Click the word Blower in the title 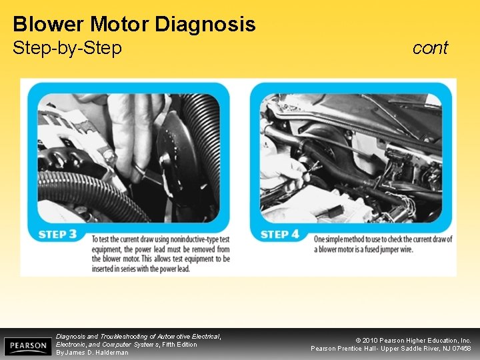[47, 24]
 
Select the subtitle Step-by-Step [67, 49]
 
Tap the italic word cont [430, 48]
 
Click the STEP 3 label [57, 234]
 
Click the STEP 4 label [280, 234]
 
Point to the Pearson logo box [28, 346]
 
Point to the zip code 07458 [461, 349]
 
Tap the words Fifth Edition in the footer [179, 345]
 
